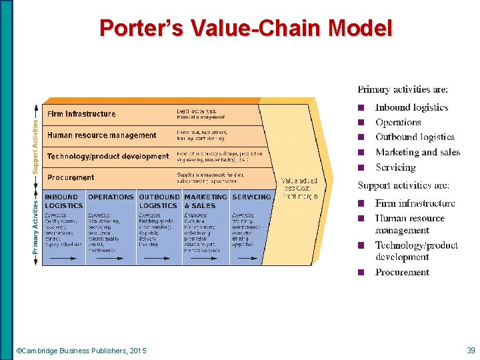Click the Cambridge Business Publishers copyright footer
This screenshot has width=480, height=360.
[x=81, y=351]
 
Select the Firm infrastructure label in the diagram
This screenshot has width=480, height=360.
[x=81, y=114]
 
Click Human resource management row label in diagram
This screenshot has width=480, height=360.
[x=101, y=135]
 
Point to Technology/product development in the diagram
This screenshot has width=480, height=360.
[x=108, y=157]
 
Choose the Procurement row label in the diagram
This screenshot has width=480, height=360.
[x=71, y=178]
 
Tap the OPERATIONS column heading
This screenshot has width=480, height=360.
[x=111, y=197]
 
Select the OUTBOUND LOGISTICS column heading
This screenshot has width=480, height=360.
[x=159, y=201]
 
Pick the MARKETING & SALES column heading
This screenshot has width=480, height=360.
[x=205, y=201]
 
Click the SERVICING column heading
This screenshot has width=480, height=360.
[x=251, y=197]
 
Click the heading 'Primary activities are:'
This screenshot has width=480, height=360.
[x=403, y=89]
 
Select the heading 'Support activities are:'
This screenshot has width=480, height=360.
[x=403, y=185]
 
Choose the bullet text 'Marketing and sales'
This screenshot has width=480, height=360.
[x=417, y=152]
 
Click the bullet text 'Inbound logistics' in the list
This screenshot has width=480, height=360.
[x=411, y=107]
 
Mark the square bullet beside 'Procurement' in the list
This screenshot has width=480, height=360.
[x=361, y=273]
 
